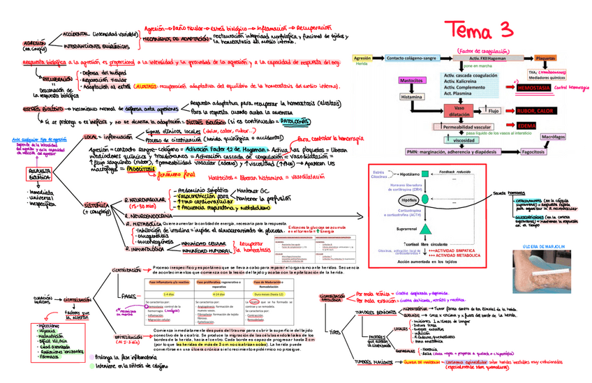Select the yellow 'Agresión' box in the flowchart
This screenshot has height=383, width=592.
362,58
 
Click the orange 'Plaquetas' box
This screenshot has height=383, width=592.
545,58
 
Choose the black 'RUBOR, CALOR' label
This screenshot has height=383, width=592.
537,110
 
